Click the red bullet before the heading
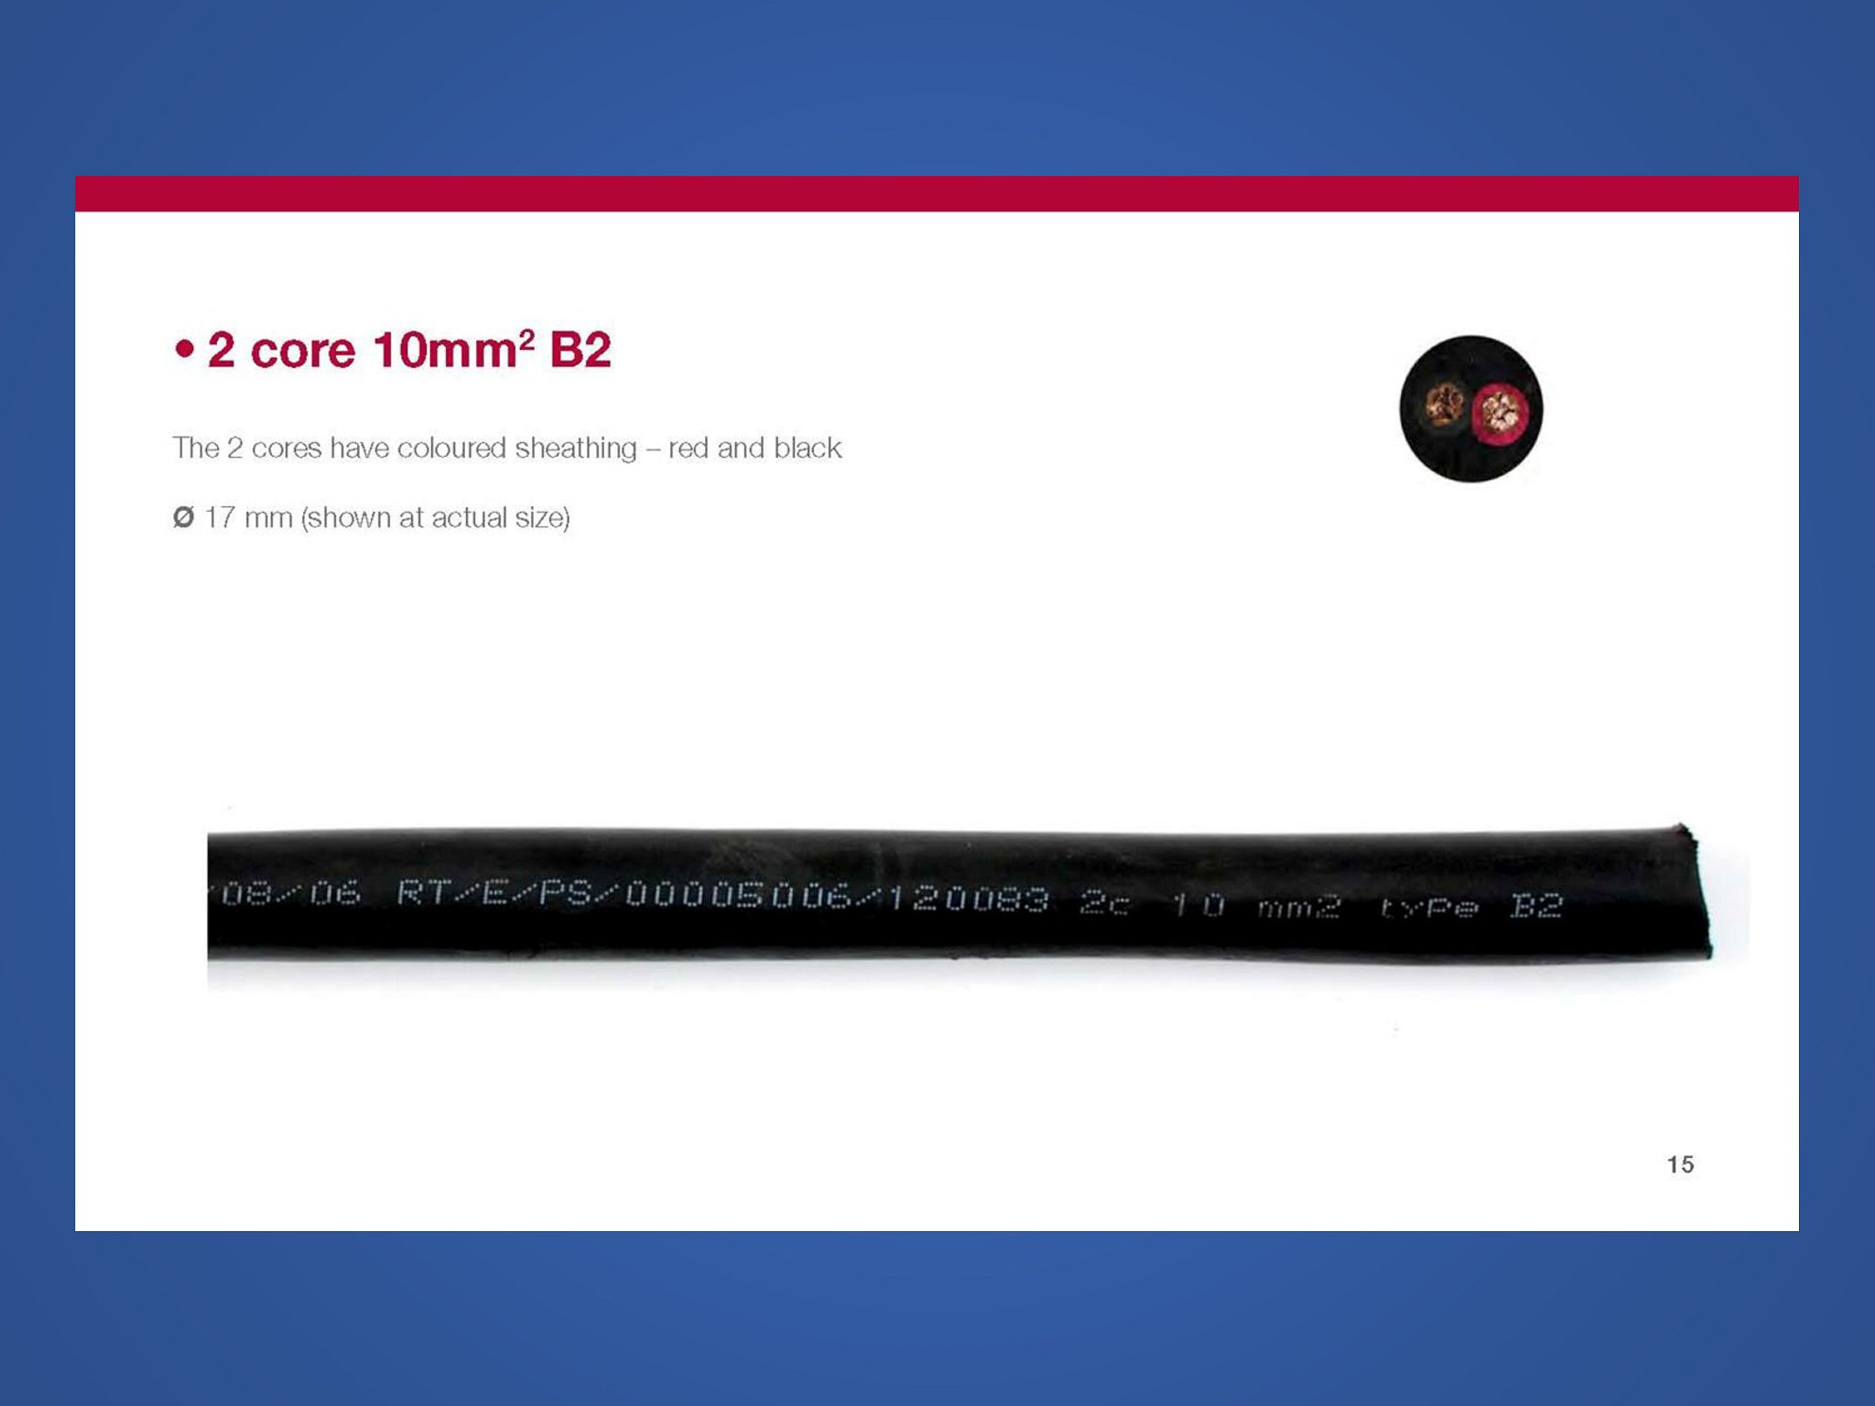(185, 350)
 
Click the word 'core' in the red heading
(302, 351)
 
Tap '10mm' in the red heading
(445, 351)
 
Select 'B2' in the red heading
(580, 351)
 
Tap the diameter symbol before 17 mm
(183, 517)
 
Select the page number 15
(1680, 1164)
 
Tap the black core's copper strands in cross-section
(1445, 406)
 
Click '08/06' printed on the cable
(290, 892)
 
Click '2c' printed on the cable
(1105, 903)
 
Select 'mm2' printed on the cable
(1299, 907)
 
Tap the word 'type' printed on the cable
(1429, 907)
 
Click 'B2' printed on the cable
(1536, 905)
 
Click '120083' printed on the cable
(968, 899)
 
